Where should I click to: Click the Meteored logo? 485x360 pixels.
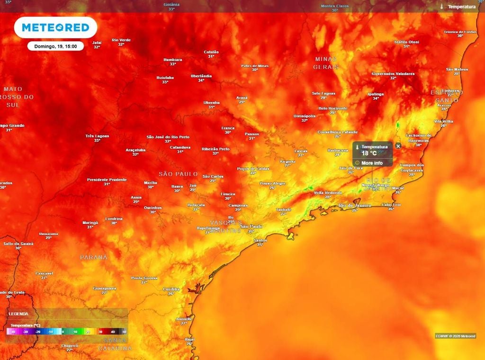tap(55, 27)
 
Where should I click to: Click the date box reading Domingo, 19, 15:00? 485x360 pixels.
tap(55, 46)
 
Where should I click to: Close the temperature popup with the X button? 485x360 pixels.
tap(398, 146)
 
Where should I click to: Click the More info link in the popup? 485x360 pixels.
tap(372, 163)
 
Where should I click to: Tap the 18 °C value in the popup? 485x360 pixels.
tap(369, 153)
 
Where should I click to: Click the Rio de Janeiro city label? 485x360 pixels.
tap(355, 205)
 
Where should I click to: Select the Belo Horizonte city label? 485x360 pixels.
tap(332, 108)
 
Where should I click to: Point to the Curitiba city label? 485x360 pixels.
tap(171, 288)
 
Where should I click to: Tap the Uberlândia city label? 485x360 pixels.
tap(201, 76)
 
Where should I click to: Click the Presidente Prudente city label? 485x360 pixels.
tap(107, 180)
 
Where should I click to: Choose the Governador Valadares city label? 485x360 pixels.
tap(393, 74)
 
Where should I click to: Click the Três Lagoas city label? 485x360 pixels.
tap(97, 136)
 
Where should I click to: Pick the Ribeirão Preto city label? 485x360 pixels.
tap(216, 149)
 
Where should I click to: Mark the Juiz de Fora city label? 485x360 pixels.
tap(351, 168)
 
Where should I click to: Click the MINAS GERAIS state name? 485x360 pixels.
tap(326, 63)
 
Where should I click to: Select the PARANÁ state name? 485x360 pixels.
tap(93, 257)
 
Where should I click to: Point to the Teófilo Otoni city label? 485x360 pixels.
tap(406, 42)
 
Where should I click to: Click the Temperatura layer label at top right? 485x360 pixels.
tap(461, 7)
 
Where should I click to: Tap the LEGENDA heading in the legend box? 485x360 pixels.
tap(18, 314)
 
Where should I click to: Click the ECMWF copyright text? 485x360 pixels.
tap(455, 336)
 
